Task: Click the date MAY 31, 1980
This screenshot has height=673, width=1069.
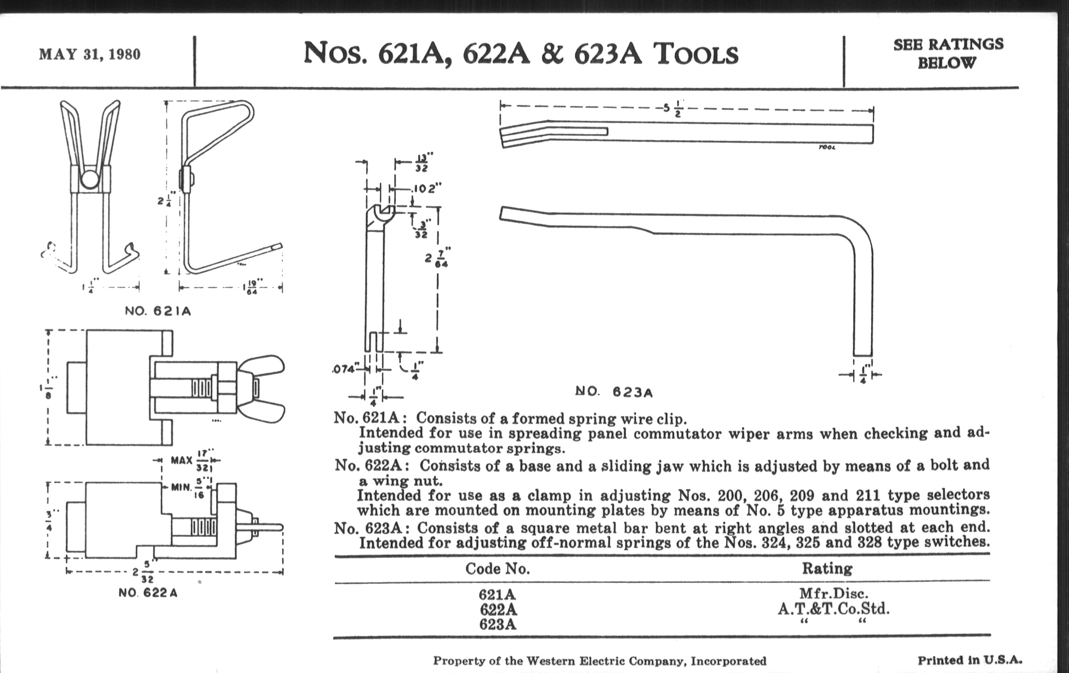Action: click(x=90, y=54)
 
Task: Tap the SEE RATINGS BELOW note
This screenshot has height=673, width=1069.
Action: click(x=948, y=53)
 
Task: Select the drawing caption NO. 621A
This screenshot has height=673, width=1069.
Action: click(x=158, y=311)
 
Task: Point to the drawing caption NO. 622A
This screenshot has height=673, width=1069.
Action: click(x=148, y=593)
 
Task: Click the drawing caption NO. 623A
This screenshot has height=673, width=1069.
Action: click(x=614, y=392)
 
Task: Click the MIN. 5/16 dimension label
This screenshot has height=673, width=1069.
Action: click(x=191, y=488)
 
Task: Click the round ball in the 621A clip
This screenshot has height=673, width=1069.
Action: click(x=90, y=179)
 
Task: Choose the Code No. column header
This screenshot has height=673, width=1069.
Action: click(x=497, y=569)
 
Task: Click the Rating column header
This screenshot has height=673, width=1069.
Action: click(x=827, y=569)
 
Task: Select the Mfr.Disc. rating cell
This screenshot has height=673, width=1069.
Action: click(x=834, y=593)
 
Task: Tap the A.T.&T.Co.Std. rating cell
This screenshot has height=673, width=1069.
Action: click(x=834, y=608)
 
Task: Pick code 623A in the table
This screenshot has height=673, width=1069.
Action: click(x=497, y=625)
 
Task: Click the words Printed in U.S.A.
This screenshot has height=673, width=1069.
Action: click(x=970, y=660)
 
